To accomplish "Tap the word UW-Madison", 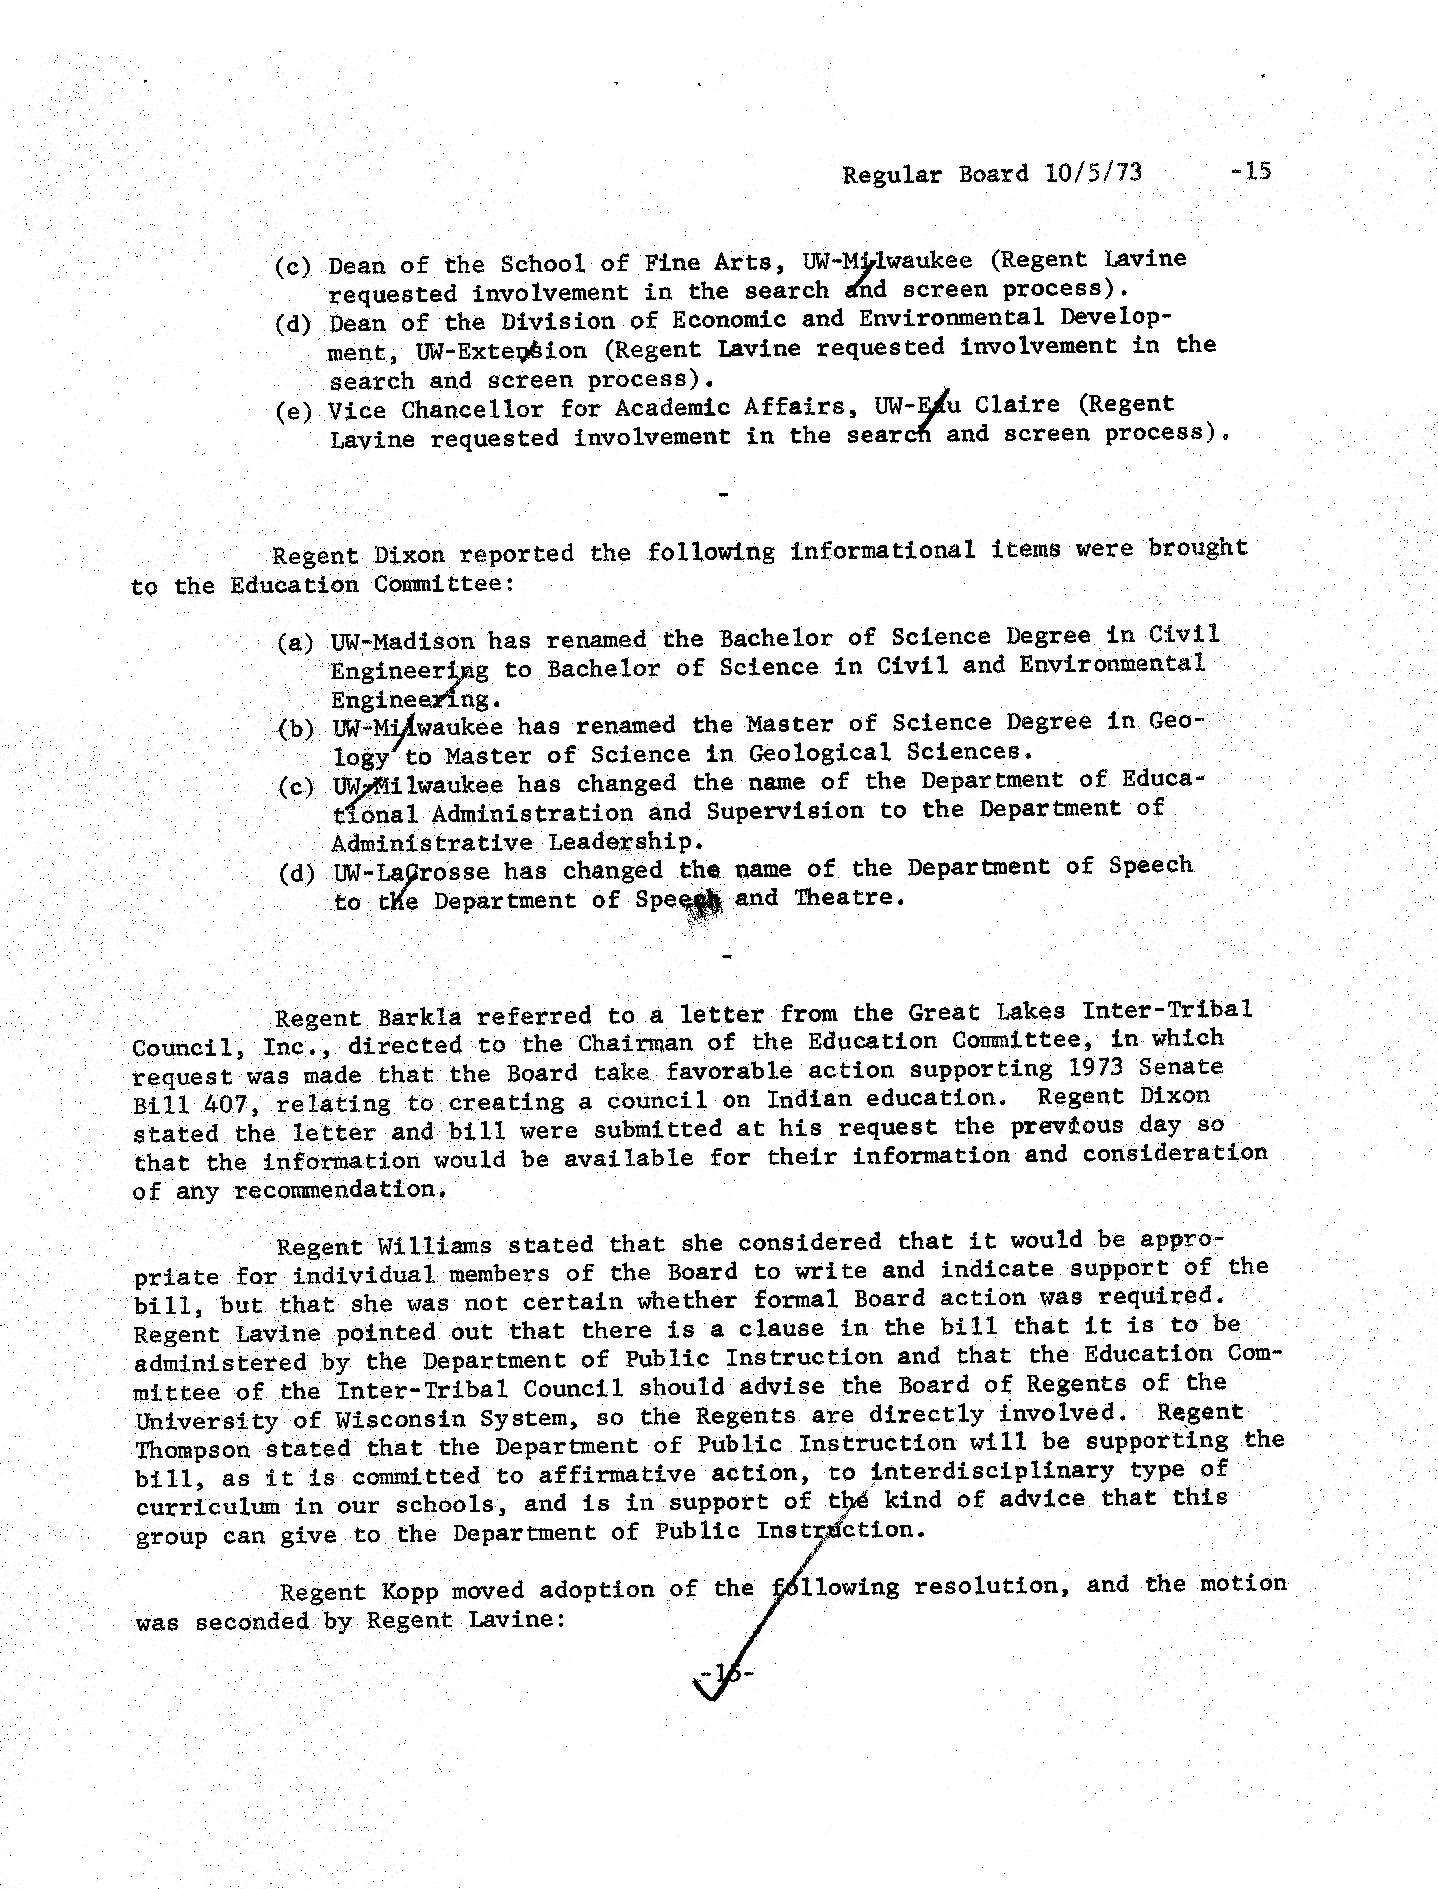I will [402, 641].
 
